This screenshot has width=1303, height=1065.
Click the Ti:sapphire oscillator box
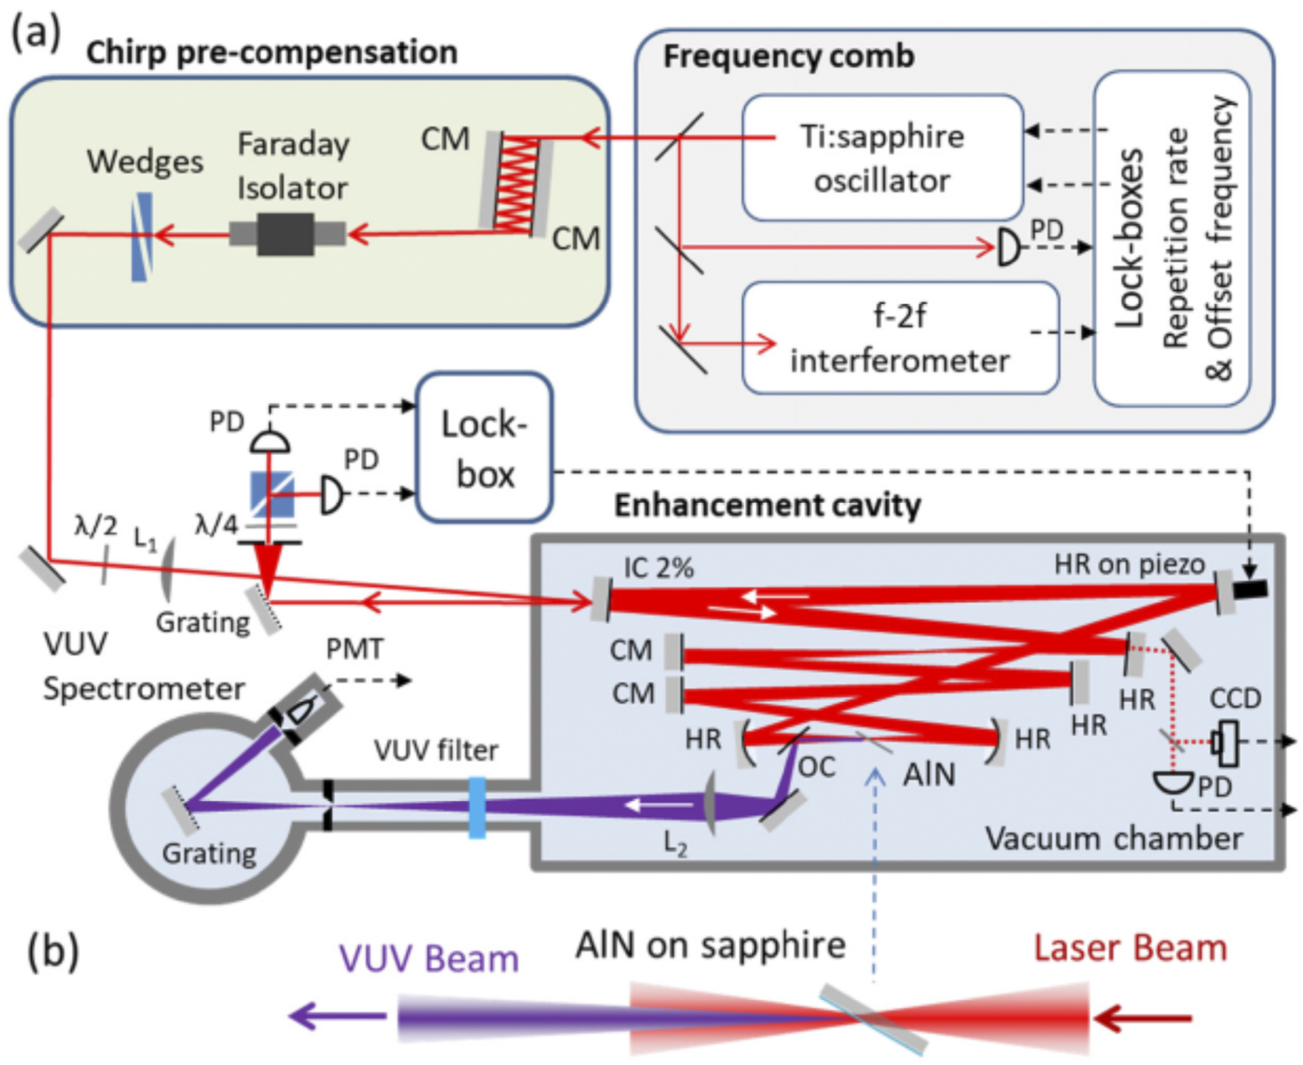[882, 158]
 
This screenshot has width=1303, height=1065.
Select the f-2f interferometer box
[900, 338]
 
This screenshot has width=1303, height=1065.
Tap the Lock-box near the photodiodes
[484, 448]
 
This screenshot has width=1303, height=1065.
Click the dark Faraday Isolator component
[287, 234]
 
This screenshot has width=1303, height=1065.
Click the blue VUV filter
[477, 808]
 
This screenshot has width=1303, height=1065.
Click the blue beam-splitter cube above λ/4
[272, 495]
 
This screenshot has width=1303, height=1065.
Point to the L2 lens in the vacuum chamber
[711, 804]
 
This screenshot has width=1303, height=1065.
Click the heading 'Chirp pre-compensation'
[271, 52]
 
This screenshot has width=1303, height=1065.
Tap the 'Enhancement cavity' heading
[767, 505]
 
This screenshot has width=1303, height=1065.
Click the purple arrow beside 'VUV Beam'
[336, 1017]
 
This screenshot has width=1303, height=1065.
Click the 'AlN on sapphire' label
[710, 945]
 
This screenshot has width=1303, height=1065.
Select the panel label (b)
[53, 953]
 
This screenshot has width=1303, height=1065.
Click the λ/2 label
[96, 525]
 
